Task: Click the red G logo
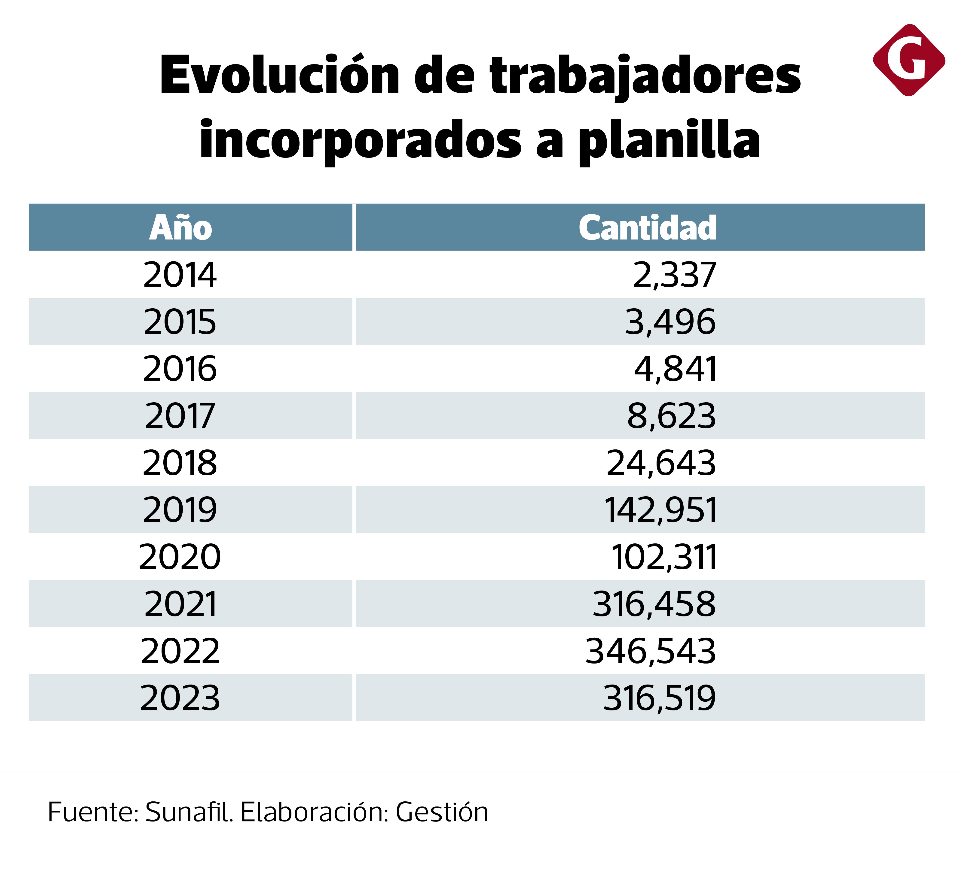pos(909,60)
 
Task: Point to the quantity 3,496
pos(670,322)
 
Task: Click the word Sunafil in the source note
pos(189,812)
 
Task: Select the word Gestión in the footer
pos(442,812)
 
